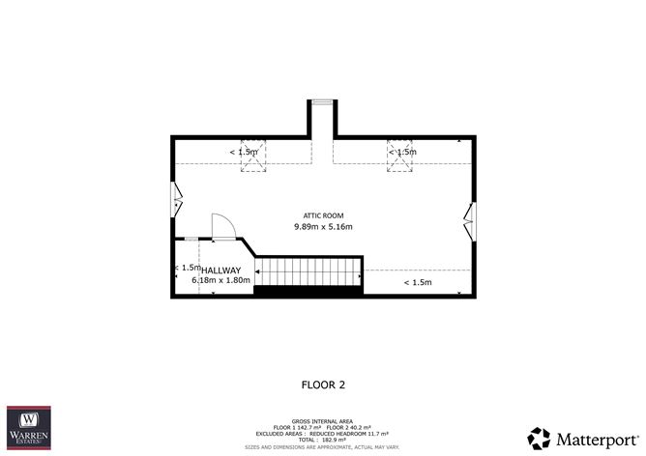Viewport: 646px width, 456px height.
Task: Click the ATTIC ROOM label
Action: point(323,215)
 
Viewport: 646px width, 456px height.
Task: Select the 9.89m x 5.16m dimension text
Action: point(323,227)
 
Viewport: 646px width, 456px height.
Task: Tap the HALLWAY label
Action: point(220,270)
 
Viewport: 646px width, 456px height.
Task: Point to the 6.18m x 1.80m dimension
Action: point(220,281)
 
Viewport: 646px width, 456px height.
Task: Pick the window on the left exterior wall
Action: point(175,198)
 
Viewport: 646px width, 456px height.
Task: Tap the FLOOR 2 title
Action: point(323,385)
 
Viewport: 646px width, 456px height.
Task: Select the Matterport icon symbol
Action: point(539,437)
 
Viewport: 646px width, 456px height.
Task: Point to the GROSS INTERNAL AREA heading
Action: point(323,421)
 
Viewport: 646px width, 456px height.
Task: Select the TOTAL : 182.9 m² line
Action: point(323,440)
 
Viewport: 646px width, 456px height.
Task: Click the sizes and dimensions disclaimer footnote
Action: point(323,447)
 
